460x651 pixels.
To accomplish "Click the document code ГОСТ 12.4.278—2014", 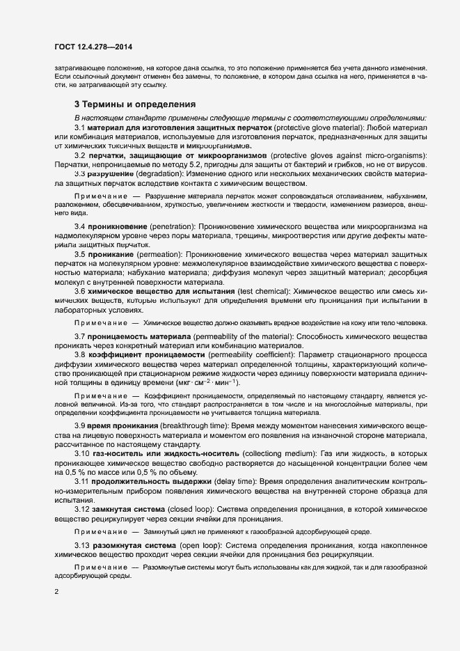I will pos(93,47).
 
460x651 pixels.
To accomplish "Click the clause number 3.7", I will pos(80,336).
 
